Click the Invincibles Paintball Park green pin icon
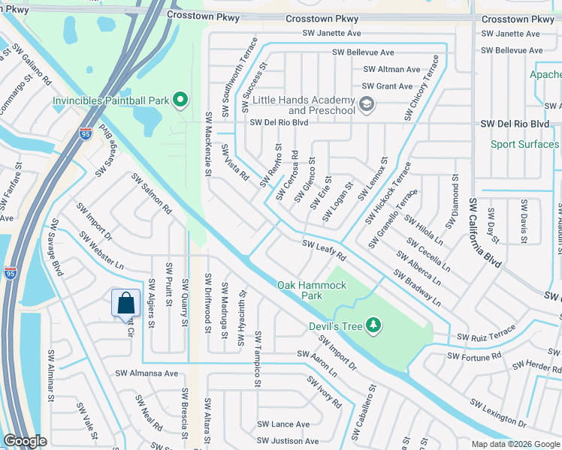180,99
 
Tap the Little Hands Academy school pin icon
367,105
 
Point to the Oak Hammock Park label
312,290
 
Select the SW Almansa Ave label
147,373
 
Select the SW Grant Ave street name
388,86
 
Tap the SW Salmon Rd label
152,194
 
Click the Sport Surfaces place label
525,144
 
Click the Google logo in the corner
25,441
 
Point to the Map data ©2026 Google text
515,444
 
